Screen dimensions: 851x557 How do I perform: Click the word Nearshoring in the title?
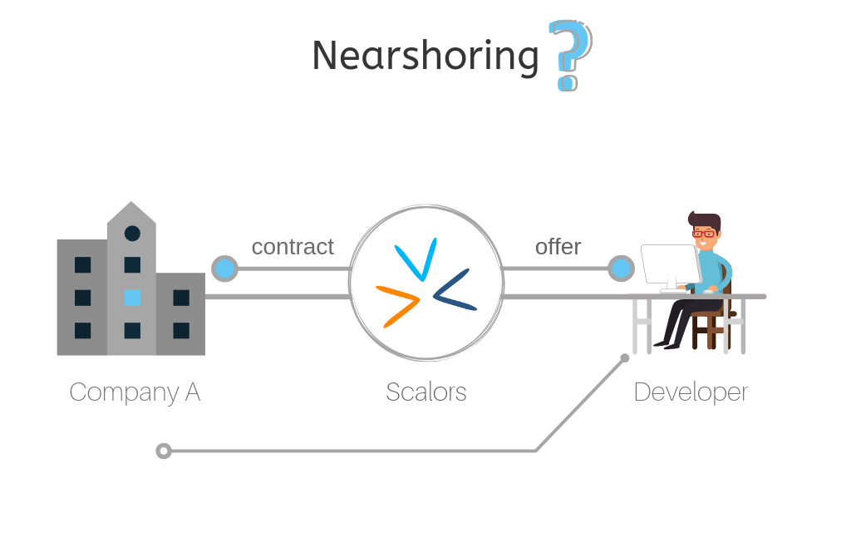pos(425,56)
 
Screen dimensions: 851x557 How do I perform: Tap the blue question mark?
pos(570,54)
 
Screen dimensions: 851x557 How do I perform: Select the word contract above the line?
pos(293,247)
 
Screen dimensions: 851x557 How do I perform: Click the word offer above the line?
pos(558,247)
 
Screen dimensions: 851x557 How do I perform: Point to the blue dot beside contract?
pos(224,269)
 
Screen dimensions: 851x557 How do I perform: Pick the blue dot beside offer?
pos(621,269)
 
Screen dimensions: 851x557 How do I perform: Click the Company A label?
pos(135,392)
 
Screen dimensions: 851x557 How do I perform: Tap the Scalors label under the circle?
pos(425,392)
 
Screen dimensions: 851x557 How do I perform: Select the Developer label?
pos(691,392)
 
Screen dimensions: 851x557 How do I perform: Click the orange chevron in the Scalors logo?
pos(399,303)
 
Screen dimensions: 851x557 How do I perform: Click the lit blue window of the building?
pos(132,298)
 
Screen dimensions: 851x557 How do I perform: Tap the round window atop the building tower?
pos(132,234)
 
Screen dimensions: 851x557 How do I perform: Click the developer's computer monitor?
pos(670,264)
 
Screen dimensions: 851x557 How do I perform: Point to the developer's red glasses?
pos(704,234)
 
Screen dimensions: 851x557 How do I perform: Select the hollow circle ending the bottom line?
pos(164,451)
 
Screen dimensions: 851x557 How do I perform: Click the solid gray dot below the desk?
pos(625,358)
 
